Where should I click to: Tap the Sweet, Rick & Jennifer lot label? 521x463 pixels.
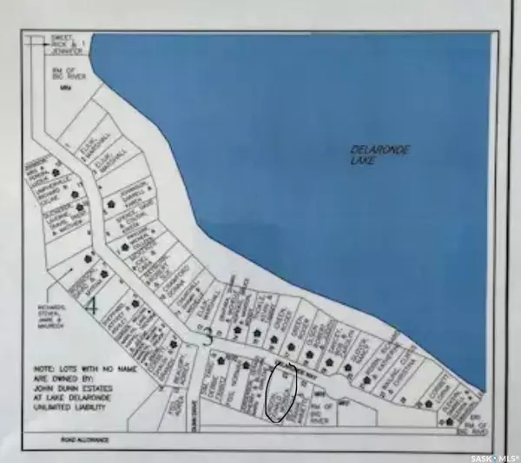pyautogui.click(x=54, y=41)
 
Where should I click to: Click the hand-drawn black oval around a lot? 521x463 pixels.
pyautogui.click(x=281, y=392)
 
